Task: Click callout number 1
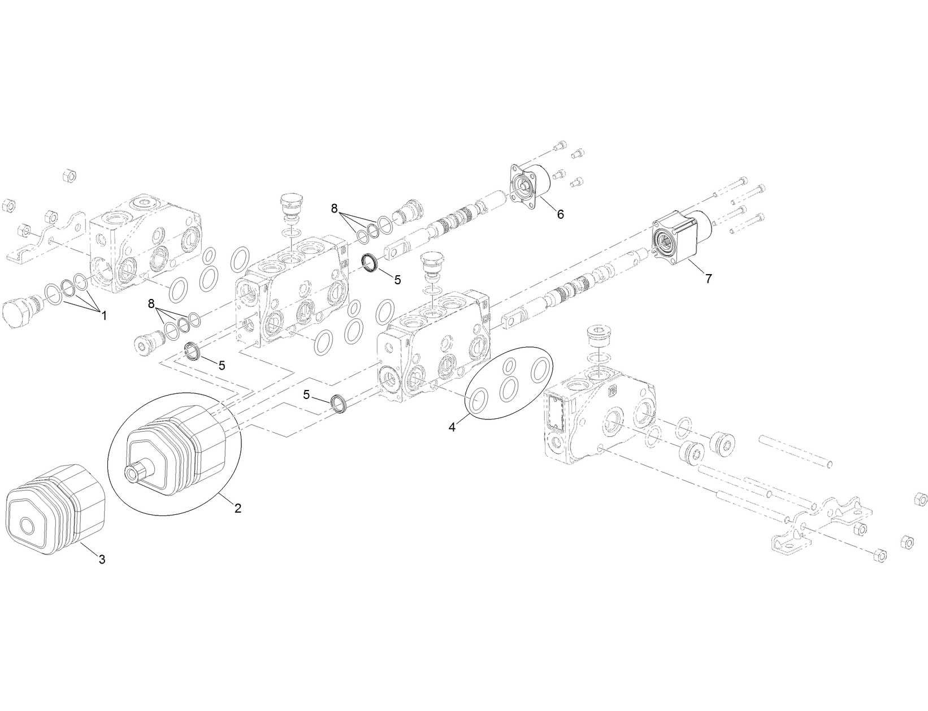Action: tap(104, 316)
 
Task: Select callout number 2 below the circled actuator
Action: tap(238, 508)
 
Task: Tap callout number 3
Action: tap(102, 560)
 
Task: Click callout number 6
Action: tap(560, 214)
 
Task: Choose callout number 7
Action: tap(709, 278)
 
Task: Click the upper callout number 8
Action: tap(334, 209)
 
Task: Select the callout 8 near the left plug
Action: tap(151, 304)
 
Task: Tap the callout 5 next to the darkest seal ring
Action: tap(397, 279)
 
